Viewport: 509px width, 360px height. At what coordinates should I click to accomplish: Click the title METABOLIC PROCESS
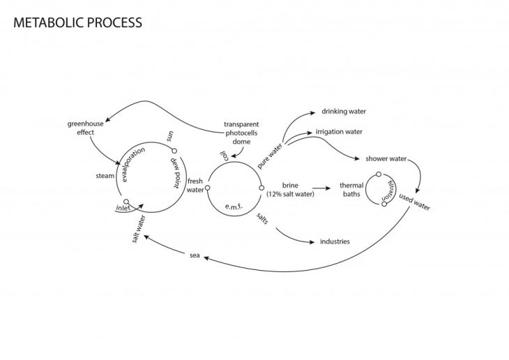(x=77, y=22)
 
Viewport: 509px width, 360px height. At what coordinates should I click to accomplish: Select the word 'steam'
(x=105, y=176)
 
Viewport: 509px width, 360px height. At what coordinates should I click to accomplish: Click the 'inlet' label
(x=123, y=207)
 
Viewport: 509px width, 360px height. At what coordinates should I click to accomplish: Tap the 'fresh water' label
(x=195, y=186)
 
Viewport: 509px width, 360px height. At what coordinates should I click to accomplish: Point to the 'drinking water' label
(x=343, y=111)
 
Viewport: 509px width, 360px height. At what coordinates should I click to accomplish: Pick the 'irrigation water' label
(x=339, y=131)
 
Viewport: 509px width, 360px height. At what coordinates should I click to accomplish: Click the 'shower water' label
(x=386, y=158)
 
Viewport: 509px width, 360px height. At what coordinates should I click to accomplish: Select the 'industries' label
(x=335, y=242)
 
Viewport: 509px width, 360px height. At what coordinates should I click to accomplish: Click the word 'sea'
(x=195, y=255)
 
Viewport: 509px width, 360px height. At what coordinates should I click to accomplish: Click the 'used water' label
(x=416, y=202)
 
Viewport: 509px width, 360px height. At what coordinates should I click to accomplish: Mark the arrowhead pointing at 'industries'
(x=312, y=242)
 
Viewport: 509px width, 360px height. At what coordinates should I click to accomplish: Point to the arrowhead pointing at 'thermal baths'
(x=328, y=188)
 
